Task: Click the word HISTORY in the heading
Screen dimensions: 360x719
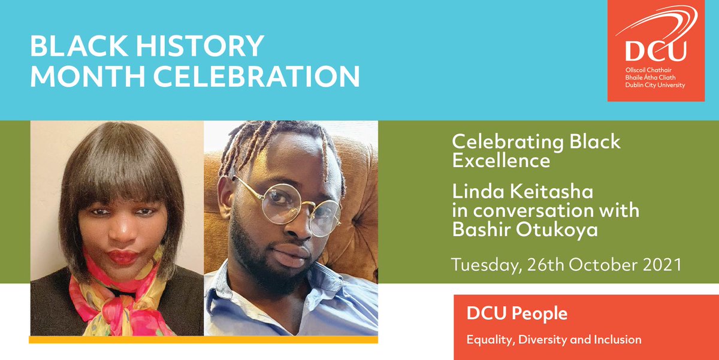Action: point(206,47)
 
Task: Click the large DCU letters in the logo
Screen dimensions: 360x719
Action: point(655,52)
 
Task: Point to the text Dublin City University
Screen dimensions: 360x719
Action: point(655,86)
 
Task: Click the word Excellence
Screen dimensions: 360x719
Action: point(501,161)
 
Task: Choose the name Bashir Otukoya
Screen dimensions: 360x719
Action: point(525,230)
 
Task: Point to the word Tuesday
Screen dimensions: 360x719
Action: point(481,265)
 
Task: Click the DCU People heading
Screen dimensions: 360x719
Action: point(517,313)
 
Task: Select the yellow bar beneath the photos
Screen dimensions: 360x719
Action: point(204,340)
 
